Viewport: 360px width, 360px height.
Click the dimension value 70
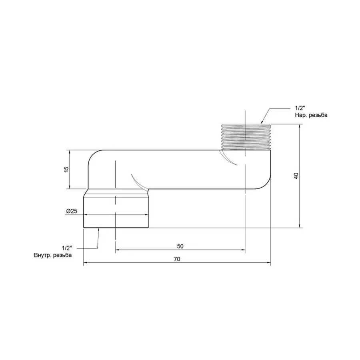click(177, 259)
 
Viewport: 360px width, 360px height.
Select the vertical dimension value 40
click(296, 176)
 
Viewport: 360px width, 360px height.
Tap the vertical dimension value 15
click(67, 169)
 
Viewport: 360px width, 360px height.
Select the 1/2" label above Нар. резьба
click(300, 108)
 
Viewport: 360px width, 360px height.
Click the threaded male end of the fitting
click(245, 136)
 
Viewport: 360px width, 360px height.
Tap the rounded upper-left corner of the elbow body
click(93, 156)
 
